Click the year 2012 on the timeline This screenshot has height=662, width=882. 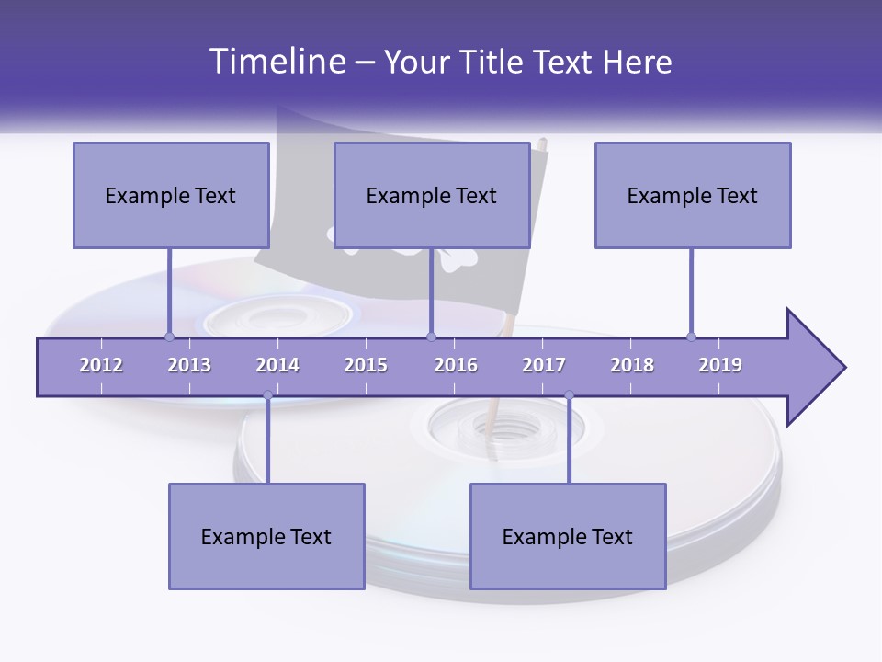click(x=101, y=365)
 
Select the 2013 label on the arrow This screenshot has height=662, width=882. click(x=189, y=365)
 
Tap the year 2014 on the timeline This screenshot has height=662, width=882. click(x=277, y=365)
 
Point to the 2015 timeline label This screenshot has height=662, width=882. click(x=366, y=365)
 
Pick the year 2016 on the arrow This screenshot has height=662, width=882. click(x=456, y=365)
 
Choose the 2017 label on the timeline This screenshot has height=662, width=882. click(x=544, y=365)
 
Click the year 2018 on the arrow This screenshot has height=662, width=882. click(x=632, y=365)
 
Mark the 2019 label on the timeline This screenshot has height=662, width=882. click(x=720, y=365)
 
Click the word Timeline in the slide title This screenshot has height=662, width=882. click(x=276, y=62)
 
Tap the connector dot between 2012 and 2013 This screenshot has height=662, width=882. click(x=169, y=337)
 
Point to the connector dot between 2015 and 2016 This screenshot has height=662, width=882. click(x=431, y=337)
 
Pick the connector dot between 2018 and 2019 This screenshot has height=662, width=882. click(x=691, y=337)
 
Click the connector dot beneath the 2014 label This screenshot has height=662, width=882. click(x=267, y=395)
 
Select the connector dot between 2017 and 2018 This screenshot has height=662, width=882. click(x=569, y=395)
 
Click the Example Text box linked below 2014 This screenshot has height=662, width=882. click(x=266, y=536)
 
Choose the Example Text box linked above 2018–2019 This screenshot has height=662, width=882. click(x=693, y=195)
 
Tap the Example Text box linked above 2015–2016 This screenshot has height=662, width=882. click(x=432, y=195)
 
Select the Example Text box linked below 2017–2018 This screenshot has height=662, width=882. click(x=568, y=536)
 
